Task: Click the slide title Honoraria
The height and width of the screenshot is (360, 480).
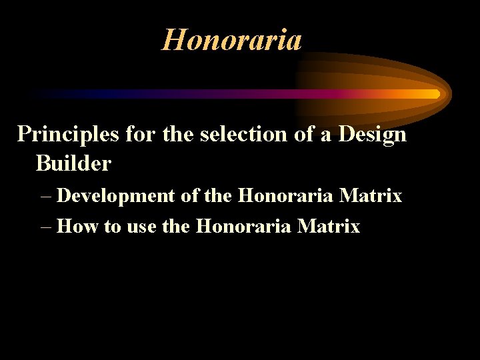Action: (x=231, y=40)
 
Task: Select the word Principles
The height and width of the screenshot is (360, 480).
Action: (x=67, y=135)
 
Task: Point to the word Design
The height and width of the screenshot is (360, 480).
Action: (x=372, y=135)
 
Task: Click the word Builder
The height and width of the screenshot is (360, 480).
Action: (x=73, y=163)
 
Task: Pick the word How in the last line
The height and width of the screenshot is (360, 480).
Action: (x=79, y=227)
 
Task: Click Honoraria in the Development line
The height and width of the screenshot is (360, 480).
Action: (x=285, y=196)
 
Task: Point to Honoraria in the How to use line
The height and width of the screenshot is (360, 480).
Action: (x=244, y=227)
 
